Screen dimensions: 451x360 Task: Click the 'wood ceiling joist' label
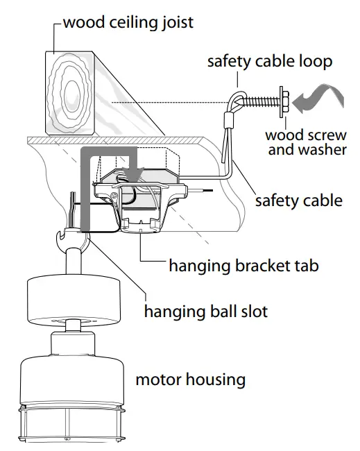[x=128, y=22]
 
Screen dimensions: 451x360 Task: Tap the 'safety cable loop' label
[x=270, y=61]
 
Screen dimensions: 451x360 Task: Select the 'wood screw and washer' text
[x=307, y=142]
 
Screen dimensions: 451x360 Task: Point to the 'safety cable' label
[x=298, y=201]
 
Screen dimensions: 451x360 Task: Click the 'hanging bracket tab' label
[x=243, y=265]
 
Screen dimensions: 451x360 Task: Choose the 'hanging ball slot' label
[x=205, y=310]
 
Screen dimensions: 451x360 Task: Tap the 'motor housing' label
[x=190, y=380]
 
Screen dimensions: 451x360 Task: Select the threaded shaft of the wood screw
[x=261, y=101]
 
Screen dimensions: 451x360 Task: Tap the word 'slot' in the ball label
[x=252, y=310]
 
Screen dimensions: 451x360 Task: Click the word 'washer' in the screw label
[x=325, y=149]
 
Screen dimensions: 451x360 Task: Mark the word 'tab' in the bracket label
[x=305, y=265]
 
